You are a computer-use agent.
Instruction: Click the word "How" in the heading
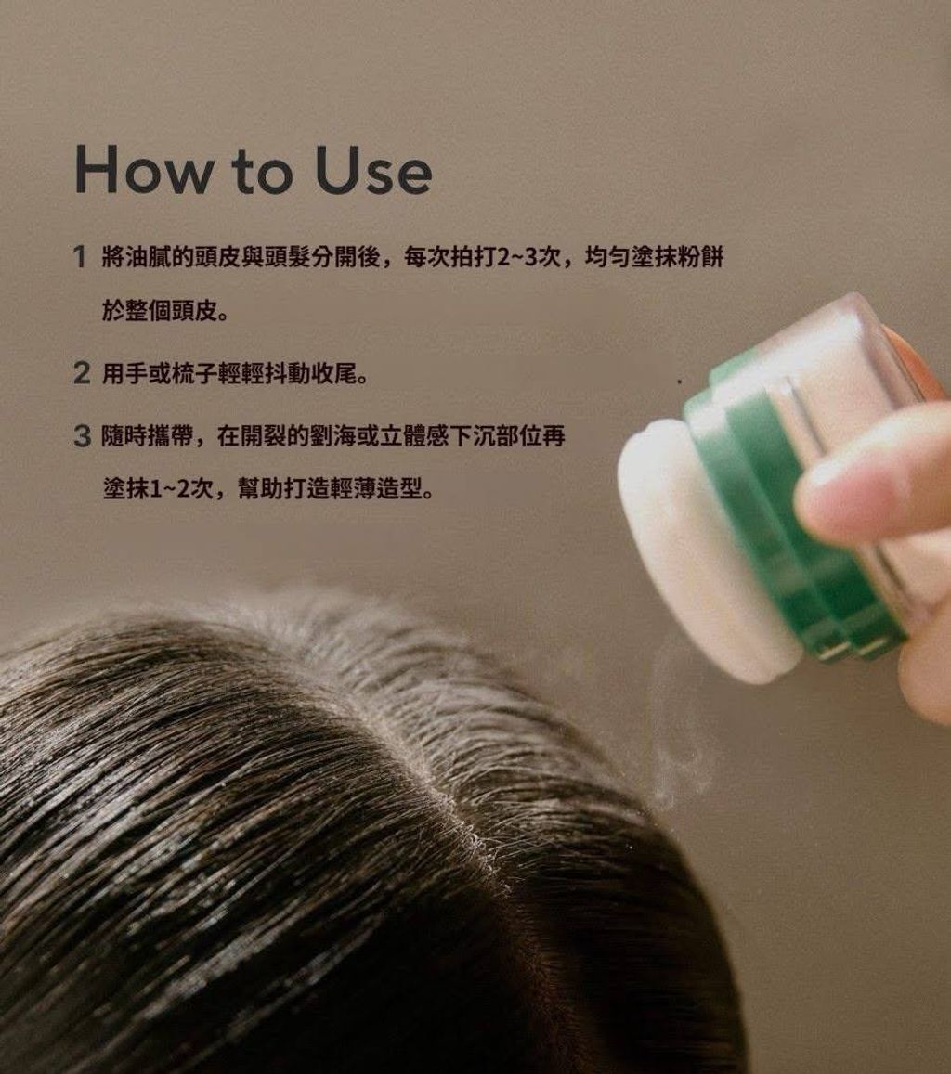(142, 169)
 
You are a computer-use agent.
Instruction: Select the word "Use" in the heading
(373, 169)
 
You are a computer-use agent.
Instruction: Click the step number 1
(80, 257)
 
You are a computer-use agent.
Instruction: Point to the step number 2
(82, 373)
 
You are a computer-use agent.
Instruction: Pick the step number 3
(82, 435)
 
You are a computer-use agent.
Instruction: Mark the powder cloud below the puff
(678, 740)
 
